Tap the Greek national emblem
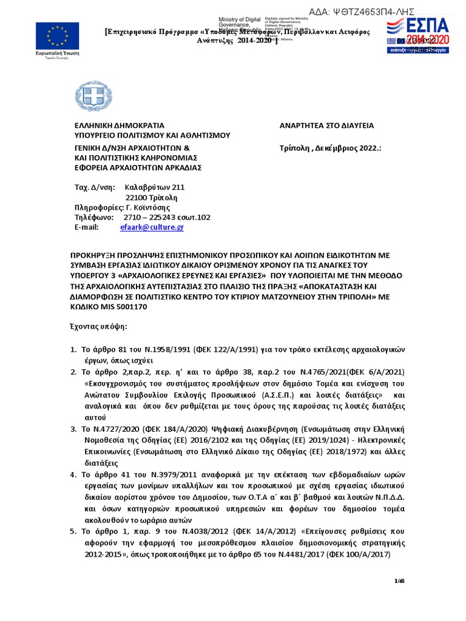tap(93, 96)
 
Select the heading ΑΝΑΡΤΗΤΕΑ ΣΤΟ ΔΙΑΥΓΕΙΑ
tap(326, 126)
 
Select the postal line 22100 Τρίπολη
tap(151, 198)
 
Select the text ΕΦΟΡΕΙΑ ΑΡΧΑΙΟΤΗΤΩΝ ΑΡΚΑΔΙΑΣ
tap(138, 167)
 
